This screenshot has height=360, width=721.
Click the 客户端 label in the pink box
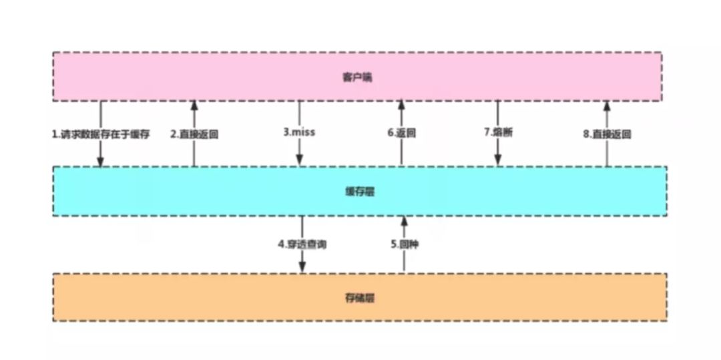(x=357, y=77)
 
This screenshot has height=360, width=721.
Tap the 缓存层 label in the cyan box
(x=360, y=192)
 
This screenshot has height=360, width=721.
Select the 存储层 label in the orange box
(x=360, y=298)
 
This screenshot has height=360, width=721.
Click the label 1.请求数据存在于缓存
(x=100, y=134)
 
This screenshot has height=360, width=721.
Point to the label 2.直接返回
(x=194, y=134)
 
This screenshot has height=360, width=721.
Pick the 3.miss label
(x=299, y=132)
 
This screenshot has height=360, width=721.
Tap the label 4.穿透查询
(x=302, y=244)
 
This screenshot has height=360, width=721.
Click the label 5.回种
(x=405, y=244)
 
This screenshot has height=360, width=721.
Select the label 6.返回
(x=402, y=133)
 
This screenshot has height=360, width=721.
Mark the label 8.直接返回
(x=607, y=134)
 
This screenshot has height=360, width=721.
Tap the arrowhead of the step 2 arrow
(x=194, y=105)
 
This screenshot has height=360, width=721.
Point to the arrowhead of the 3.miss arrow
(x=300, y=161)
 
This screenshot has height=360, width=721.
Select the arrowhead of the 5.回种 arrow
(x=404, y=220)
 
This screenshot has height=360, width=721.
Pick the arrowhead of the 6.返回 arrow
(x=402, y=105)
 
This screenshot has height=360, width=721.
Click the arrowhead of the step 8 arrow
(x=607, y=105)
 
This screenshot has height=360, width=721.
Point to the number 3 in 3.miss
(x=286, y=132)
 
